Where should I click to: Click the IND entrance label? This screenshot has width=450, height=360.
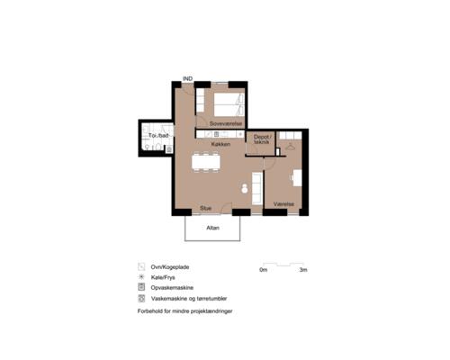(188, 78)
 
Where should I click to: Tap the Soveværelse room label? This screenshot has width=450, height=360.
(226, 123)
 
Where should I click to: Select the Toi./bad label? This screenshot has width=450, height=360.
(158, 136)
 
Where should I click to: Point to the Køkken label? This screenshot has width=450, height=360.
(220, 144)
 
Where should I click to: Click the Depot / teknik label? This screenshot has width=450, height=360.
(262, 139)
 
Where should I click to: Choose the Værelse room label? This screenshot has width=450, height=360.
(283, 204)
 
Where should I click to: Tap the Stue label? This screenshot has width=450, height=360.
(206, 208)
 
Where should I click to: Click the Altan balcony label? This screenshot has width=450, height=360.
(212, 228)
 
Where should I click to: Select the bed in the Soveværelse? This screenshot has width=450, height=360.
(229, 104)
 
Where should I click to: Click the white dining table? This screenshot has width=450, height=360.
(206, 162)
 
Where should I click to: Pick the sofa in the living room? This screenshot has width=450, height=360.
(257, 189)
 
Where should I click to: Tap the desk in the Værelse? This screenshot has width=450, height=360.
(297, 178)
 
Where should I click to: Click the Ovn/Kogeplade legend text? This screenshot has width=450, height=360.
(170, 267)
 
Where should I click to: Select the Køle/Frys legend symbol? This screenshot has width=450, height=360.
(141, 277)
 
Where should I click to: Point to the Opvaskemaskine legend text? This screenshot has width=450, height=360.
(172, 288)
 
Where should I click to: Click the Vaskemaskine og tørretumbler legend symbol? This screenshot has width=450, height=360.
(141, 299)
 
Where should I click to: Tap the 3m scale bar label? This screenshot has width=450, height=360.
(303, 270)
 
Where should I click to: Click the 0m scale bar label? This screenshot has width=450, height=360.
(263, 270)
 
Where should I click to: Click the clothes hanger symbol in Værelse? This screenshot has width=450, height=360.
(289, 147)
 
